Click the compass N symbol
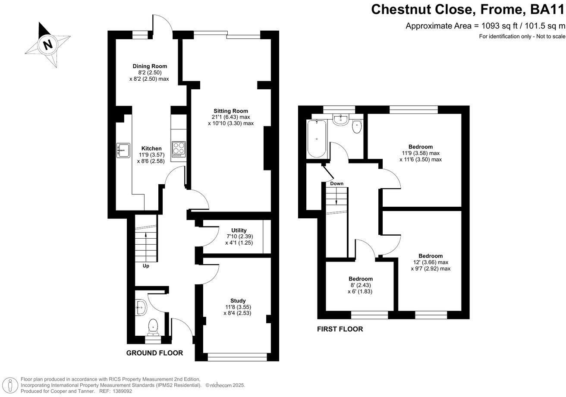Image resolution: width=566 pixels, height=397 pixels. click(47, 44)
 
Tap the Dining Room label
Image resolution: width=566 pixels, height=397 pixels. click(149, 66)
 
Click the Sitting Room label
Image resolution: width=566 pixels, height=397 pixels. click(230, 111)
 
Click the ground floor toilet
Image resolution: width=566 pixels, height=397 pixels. click(153, 327)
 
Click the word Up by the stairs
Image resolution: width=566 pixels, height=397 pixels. click(146, 266)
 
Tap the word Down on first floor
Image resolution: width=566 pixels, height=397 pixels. click(336, 183)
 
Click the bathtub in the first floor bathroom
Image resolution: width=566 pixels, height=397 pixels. click(317, 139)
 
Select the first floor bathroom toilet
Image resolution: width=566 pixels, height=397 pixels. click(357, 127)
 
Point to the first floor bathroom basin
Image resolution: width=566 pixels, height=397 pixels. click(341, 119)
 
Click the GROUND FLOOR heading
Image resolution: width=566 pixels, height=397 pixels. click(154, 353)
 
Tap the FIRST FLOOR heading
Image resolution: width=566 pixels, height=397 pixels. click(340, 329)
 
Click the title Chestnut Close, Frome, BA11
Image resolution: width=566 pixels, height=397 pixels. click(468, 9)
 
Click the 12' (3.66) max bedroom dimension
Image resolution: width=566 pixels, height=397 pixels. click(430, 262)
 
